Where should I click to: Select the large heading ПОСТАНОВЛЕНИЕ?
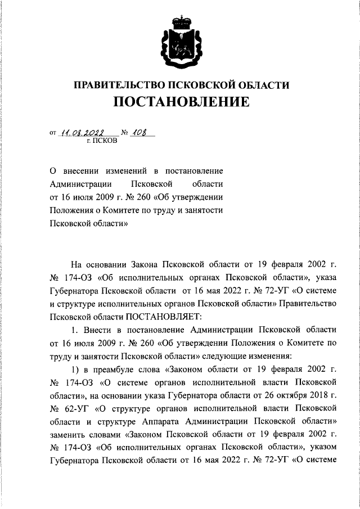181,103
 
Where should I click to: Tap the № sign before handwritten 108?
124,133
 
